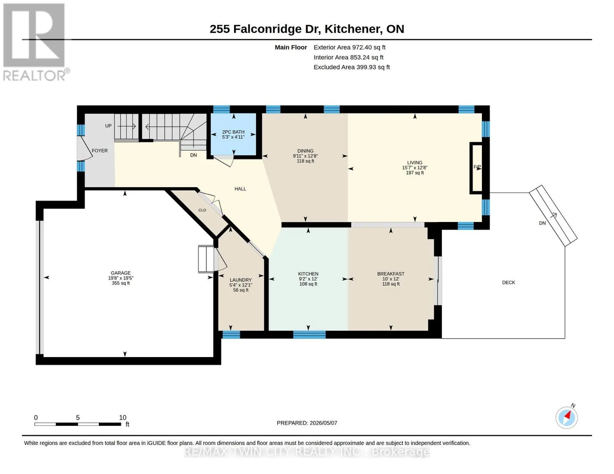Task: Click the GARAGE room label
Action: (x=121, y=273)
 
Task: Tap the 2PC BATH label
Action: (x=233, y=132)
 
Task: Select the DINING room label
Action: (x=305, y=151)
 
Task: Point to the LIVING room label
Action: (x=414, y=163)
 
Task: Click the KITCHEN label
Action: (x=308, y=274)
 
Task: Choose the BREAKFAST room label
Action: (x=391, y=274)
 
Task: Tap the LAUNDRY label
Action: (x=240, y=280)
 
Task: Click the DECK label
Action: (x=508, y=282)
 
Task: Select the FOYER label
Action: (x=100, y=151)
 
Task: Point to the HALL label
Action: (x=240, y=189)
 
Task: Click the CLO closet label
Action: (x=202, y=210)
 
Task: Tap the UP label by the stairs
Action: (x=108, y=126)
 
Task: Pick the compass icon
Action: (x=567, y=418)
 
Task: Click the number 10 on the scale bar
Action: (x=122, y=418)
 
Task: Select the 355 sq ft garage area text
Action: (x=121, y=283)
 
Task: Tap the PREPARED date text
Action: (x=307, y=423)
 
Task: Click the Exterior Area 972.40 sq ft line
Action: (x=349, y=47)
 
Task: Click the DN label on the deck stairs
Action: (x=542, y=223)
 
